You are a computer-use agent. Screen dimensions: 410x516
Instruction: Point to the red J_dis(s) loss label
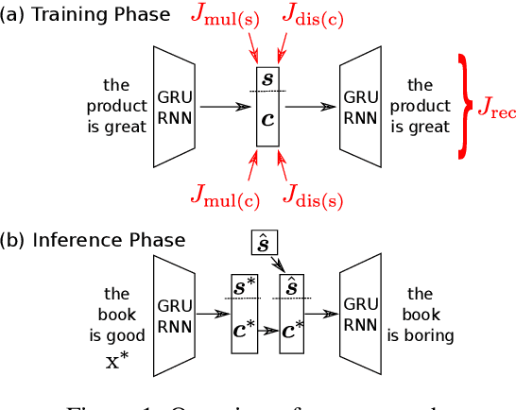pyautogui.click(x=311, y=196)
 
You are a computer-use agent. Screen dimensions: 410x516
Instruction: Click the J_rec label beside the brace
pyautogui.click(x=495, y=110)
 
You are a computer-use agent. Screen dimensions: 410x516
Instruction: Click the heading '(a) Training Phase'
pyautogui.click(x=86, y=14)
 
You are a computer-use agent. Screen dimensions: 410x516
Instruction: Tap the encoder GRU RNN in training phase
pyautogui.click(x=174, y=106)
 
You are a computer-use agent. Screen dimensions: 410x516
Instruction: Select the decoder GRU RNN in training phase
pyautogui.click(x=360, y=106)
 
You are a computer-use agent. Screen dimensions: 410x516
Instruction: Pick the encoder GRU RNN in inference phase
pyautogui.click(x=174, y=317)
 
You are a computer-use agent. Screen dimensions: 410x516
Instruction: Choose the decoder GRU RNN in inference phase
pyautogui.click(x=360, y=317)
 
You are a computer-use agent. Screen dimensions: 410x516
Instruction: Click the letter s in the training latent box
pyautogui.click(x=267, y=78)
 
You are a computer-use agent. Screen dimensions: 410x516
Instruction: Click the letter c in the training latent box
pyautogui.click(x=267, y=121)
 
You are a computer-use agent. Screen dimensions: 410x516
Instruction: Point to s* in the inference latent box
pyautogui.click(x=245, y=284)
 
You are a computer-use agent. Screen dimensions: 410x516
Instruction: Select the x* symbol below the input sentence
pyautogui.click(x=116, y=361)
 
